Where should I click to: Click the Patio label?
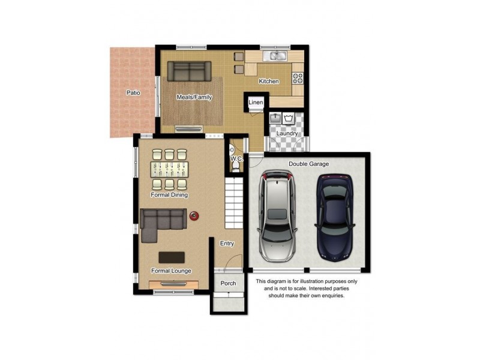133,93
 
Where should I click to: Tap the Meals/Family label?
194,97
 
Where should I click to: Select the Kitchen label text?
268,81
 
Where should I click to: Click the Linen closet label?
256,103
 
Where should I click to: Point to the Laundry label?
287,133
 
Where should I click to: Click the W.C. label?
236,159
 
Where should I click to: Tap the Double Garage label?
308,164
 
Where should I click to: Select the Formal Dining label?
169,195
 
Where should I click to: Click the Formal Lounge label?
171,271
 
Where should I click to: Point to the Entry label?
227,244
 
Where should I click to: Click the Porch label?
228,283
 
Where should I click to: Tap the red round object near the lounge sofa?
194,216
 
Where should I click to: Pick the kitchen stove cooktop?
297,77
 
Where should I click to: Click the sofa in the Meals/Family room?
189,71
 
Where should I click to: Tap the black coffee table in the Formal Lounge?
172,257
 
